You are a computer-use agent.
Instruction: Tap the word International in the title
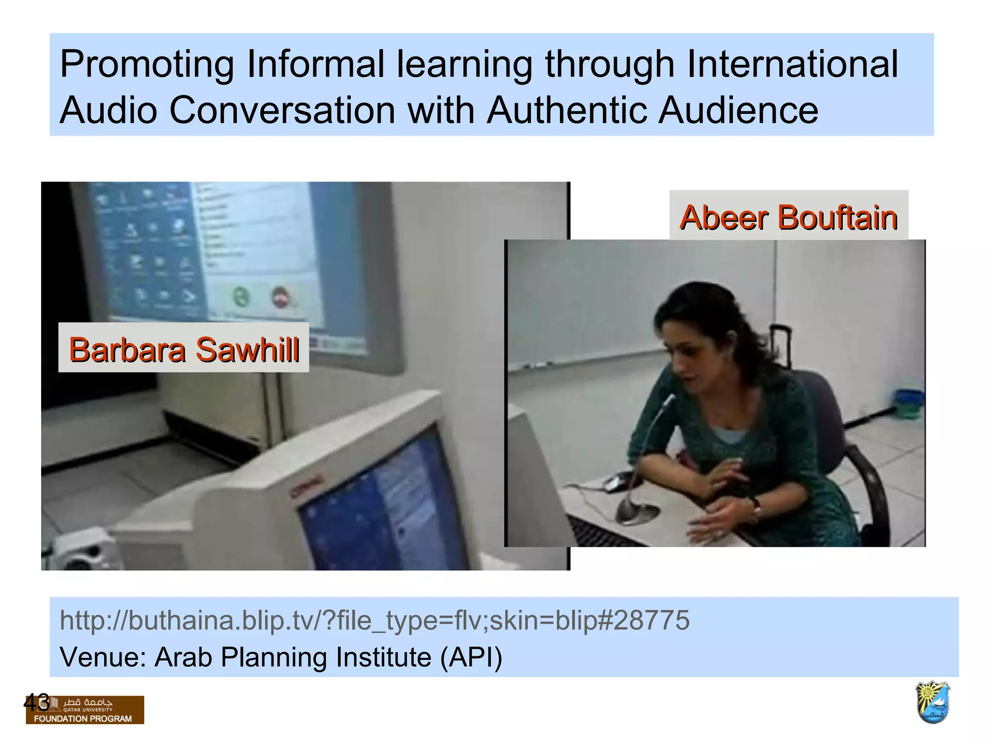pyautogui.click(x=792, y=64)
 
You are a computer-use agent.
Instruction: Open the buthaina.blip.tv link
pyautogui.click(x=374, y=620)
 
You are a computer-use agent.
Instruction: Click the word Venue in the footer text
pyautogui.click(x=103, y=657)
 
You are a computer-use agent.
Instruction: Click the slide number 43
pyautogui.click(x=36, y=702)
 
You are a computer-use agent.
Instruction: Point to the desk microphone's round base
pyautogui.click(x=636, y=513)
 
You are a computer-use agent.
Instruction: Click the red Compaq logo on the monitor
pyautogui.click(x=306, y=486)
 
